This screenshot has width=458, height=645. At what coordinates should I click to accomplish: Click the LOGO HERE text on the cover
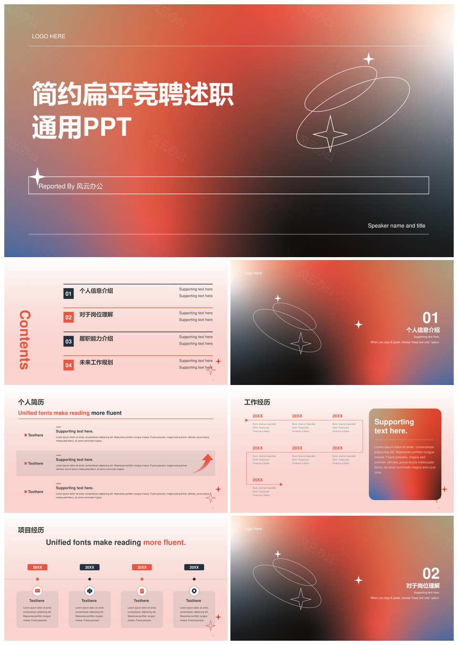click(49, 36)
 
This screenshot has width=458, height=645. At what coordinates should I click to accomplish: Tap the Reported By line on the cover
click(71, 186)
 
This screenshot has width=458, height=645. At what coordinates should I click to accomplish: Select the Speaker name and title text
click(396, 226)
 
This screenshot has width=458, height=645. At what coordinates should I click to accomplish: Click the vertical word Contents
click(25, 340)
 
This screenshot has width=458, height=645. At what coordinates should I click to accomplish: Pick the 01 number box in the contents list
click(69, 293)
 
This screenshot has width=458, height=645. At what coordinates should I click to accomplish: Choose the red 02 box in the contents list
click(69, 317)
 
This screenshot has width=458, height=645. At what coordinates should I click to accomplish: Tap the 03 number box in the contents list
click(69, 341)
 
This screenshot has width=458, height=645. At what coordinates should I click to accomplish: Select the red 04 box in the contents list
click(69, 365)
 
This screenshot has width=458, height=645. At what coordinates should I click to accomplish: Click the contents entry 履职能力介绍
click(96, 339)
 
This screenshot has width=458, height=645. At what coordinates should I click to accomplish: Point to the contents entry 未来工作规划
click(96, 363)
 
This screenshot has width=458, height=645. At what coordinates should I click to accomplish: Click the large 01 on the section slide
click(430, 318)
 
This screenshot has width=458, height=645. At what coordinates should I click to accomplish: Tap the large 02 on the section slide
click(431, 573)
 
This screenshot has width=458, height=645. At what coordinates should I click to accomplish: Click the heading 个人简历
click(31, 402)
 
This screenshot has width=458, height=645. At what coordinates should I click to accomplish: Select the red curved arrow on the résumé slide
click(204, 463)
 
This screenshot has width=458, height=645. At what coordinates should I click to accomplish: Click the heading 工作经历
click(257, 402)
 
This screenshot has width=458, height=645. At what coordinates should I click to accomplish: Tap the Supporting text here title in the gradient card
click(394, 427)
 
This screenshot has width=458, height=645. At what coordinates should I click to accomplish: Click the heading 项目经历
click(31, 530)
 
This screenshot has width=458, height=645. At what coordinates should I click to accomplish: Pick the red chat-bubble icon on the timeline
click(37, 591)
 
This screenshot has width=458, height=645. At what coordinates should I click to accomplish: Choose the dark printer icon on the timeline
click(90, 591)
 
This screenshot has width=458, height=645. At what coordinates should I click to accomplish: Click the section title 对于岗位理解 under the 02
click(423, 586)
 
